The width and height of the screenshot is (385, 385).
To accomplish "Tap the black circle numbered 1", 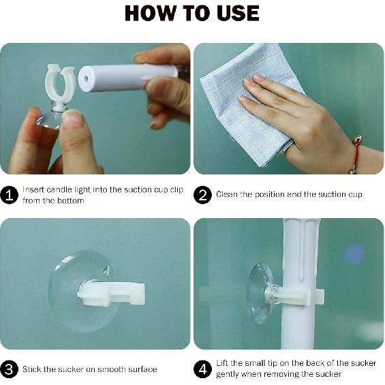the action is (x=10, y=195).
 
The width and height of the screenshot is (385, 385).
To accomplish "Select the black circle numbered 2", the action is (x=202, y=195).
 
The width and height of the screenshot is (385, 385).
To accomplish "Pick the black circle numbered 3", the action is (x=10, y=369).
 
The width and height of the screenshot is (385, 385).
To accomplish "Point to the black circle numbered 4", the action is (x=202, y=369).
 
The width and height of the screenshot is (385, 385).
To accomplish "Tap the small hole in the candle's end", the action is (x=86, y=78).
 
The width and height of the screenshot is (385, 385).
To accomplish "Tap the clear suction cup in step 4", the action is (x=261, y=294).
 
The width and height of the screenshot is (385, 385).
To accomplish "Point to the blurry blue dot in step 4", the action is (x=354, y=255).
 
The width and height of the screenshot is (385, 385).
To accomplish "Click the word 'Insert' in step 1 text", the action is (x=33, y=190).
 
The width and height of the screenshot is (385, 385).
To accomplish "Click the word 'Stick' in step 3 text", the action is (x=32, y=369).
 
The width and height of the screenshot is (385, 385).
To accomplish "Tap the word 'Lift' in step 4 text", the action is (x=222, y=363).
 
